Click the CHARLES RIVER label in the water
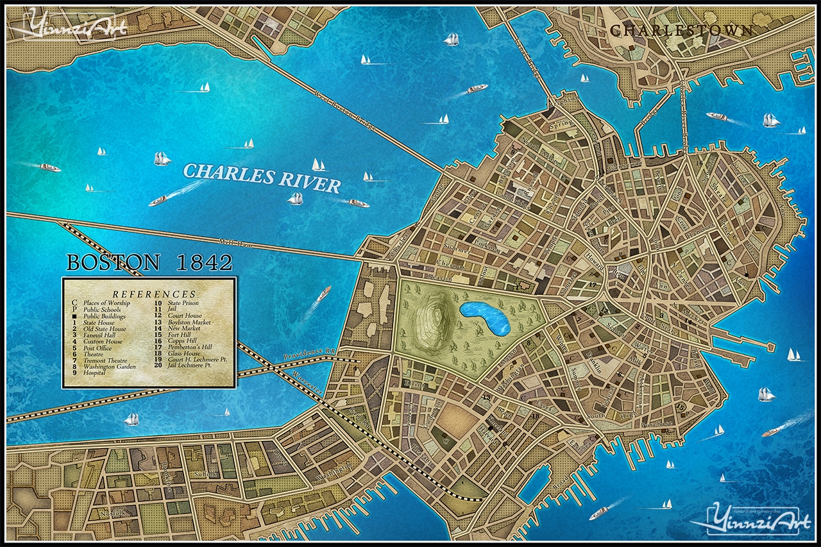coord(262,178)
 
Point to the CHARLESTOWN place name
coord(681,30)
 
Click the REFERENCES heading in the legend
coord(149,294)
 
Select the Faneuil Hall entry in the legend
coord(101,335)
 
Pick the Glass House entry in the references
coord(183,353)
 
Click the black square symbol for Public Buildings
coord(74,316)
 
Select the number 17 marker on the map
coord(593,284)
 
